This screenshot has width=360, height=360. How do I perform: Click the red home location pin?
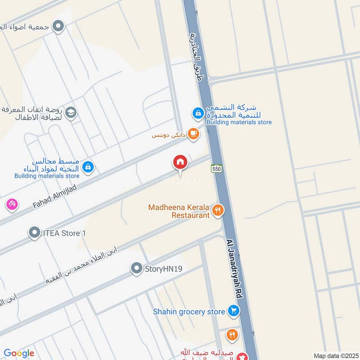pos(180,162)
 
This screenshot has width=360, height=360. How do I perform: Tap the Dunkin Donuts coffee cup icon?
pos(193,134)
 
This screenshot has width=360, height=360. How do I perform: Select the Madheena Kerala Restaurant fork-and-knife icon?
pos(218,210)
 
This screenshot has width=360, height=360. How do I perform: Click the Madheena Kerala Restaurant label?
pos(180,211)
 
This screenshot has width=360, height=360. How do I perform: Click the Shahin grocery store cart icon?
pos(233,311)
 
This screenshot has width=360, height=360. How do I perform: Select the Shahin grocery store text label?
pos(189,311)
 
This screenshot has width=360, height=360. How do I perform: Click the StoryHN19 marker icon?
pos(136,269)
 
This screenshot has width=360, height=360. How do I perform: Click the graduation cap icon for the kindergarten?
pos(71,112)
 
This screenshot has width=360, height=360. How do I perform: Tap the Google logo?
pos(19,353)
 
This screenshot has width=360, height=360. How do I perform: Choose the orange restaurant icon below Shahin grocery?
pos(232,334)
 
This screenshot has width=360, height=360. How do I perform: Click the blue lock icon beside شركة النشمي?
pos(198,113)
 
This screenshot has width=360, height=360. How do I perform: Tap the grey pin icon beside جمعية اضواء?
pos(58,27)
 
